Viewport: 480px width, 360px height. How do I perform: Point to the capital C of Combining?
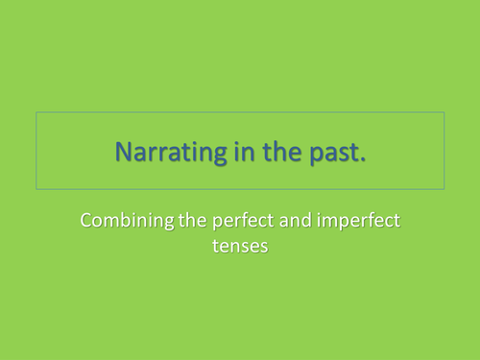pos(86,223)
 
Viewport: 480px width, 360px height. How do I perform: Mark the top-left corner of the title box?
pos(36,113)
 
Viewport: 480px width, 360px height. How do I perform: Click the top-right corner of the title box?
pos(444,113)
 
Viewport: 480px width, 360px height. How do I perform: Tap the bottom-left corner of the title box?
pos(36,188)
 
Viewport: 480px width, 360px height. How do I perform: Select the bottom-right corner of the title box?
pos(444,188)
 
